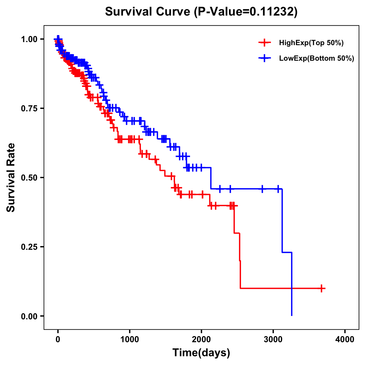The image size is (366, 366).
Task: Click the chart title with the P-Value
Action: pos(201,12)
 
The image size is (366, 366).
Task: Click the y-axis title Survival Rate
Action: pos(11,177)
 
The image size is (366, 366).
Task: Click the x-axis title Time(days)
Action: pos(201,353)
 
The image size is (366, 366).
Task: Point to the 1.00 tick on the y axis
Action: pos(29,39)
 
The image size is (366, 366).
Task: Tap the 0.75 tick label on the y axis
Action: pos(29,108)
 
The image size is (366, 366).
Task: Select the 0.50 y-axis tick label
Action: pos(29,178)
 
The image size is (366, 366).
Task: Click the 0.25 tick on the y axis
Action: pos(29,247)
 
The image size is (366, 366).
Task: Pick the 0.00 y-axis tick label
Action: pos(29,316)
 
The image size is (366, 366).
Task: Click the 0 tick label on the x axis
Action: pos(58,339)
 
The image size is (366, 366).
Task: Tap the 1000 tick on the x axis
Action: pos(130,339)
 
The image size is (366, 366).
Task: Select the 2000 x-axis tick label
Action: pos(201,339)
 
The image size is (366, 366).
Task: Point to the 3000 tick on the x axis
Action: pos(273,339)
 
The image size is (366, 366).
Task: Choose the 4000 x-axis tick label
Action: pos(345,339)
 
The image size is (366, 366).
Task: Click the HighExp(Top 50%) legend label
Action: pos(311,43)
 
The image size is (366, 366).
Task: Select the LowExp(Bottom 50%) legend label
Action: pos(317,59)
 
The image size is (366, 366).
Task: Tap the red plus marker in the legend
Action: pos(264,43)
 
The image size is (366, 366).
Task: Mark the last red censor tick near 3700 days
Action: pos(321,288)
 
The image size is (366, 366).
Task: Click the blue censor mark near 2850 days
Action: pos(262,189)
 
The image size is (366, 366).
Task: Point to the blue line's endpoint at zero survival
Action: pos(292,315)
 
